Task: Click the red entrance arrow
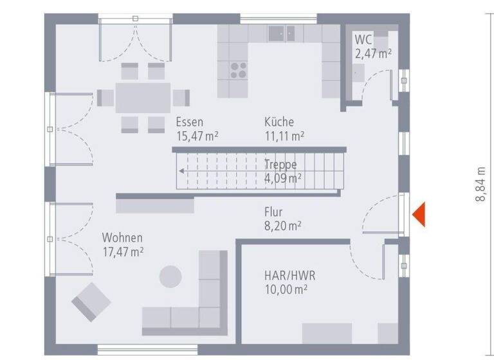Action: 419,214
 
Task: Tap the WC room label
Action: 363,40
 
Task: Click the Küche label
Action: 279,122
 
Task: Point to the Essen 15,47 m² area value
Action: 197,136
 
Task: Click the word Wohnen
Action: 122,237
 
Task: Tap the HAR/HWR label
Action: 289,275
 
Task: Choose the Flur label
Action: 273,212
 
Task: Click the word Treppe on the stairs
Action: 280,164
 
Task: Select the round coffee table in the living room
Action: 170,276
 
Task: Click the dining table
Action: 143,97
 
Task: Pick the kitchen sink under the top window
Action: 282,33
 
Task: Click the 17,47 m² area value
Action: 122,251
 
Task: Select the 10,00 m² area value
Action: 286,289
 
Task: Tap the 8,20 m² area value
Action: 282,226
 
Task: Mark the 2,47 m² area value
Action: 373,54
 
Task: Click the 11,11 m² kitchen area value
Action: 284,136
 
